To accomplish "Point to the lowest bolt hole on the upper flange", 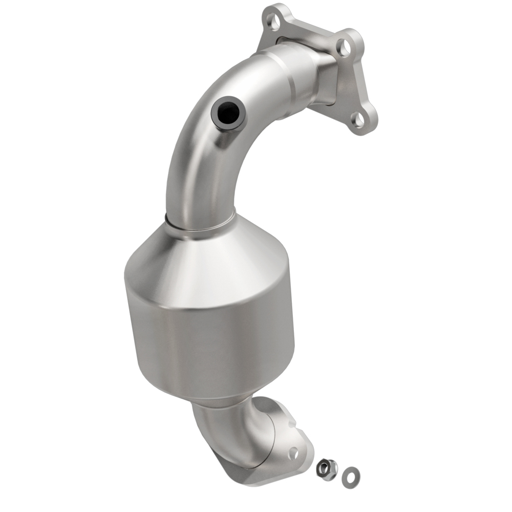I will coord(359,119).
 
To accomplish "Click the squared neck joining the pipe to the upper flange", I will coord(323,82).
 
